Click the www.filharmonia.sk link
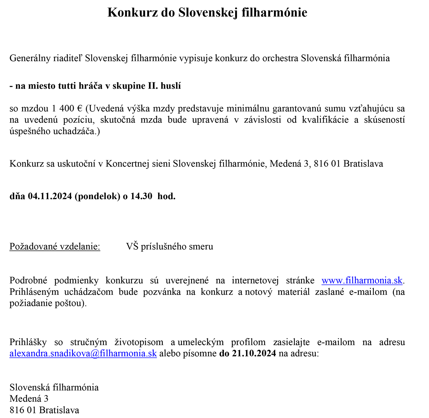[362, 280]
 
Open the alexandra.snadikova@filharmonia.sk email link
[83, 353]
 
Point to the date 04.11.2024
[49, 196]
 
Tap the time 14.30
[141, 196]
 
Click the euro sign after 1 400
[80, 109]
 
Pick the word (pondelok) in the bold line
[97, 196]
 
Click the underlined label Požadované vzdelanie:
[55, 246]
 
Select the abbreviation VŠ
[132, 246]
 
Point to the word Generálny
[29, 58]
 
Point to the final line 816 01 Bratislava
[44, 410]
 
